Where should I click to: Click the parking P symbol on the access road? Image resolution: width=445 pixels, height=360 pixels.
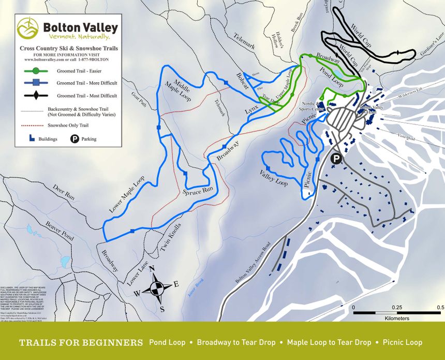click(336, 160)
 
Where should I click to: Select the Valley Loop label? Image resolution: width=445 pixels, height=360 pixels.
click(274, 178)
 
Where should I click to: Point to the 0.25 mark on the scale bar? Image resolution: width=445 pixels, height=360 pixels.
click(396, 308)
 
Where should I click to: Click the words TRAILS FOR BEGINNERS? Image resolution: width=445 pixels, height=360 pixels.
click(81, 342)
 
